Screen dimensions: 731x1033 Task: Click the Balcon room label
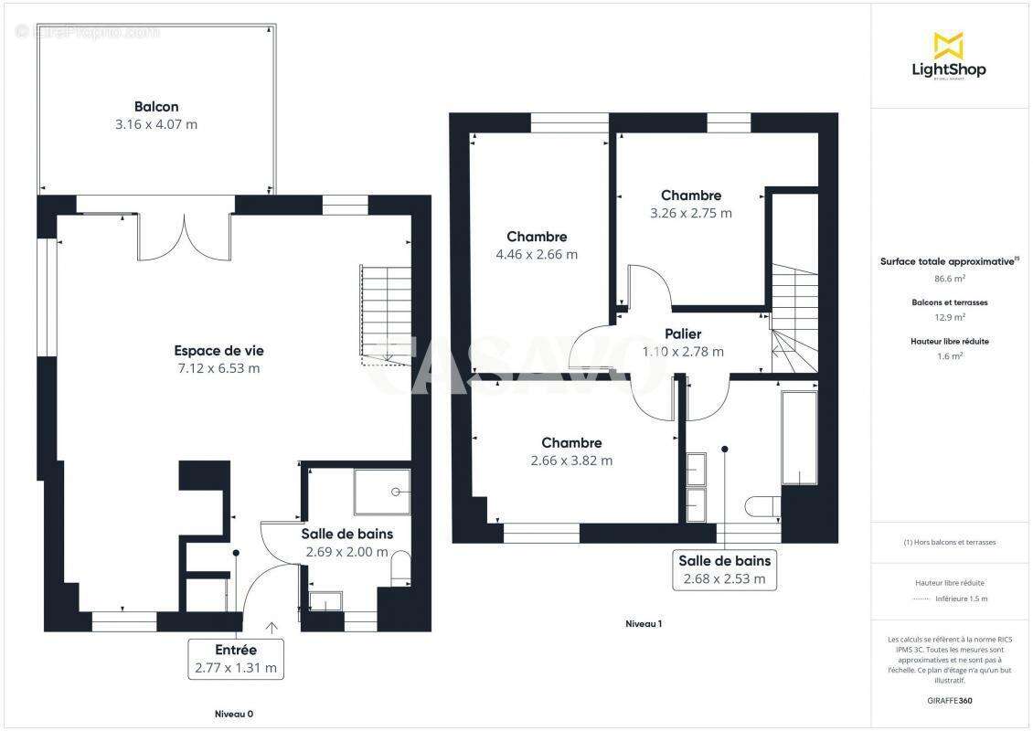[156, 107]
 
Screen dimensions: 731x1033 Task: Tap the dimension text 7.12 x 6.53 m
[218, 368]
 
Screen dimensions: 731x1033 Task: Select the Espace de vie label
[218, 350]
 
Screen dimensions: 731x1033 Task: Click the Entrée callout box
[236, 659]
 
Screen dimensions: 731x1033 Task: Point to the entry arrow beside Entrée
[272, 628]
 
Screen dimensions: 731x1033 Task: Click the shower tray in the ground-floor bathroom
[382, 493]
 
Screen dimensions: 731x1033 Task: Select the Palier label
[684, 334]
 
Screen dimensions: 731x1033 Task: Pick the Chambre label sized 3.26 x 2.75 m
[691, 196]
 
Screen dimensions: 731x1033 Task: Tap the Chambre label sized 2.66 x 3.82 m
[571, 443]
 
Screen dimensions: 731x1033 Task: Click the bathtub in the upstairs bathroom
[800, 439]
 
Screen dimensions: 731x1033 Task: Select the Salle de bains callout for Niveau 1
[724, 569]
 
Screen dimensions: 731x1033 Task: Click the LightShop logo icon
[949, 45]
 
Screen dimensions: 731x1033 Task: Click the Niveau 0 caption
[234, 714]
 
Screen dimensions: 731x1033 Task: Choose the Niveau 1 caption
[644, 624]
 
